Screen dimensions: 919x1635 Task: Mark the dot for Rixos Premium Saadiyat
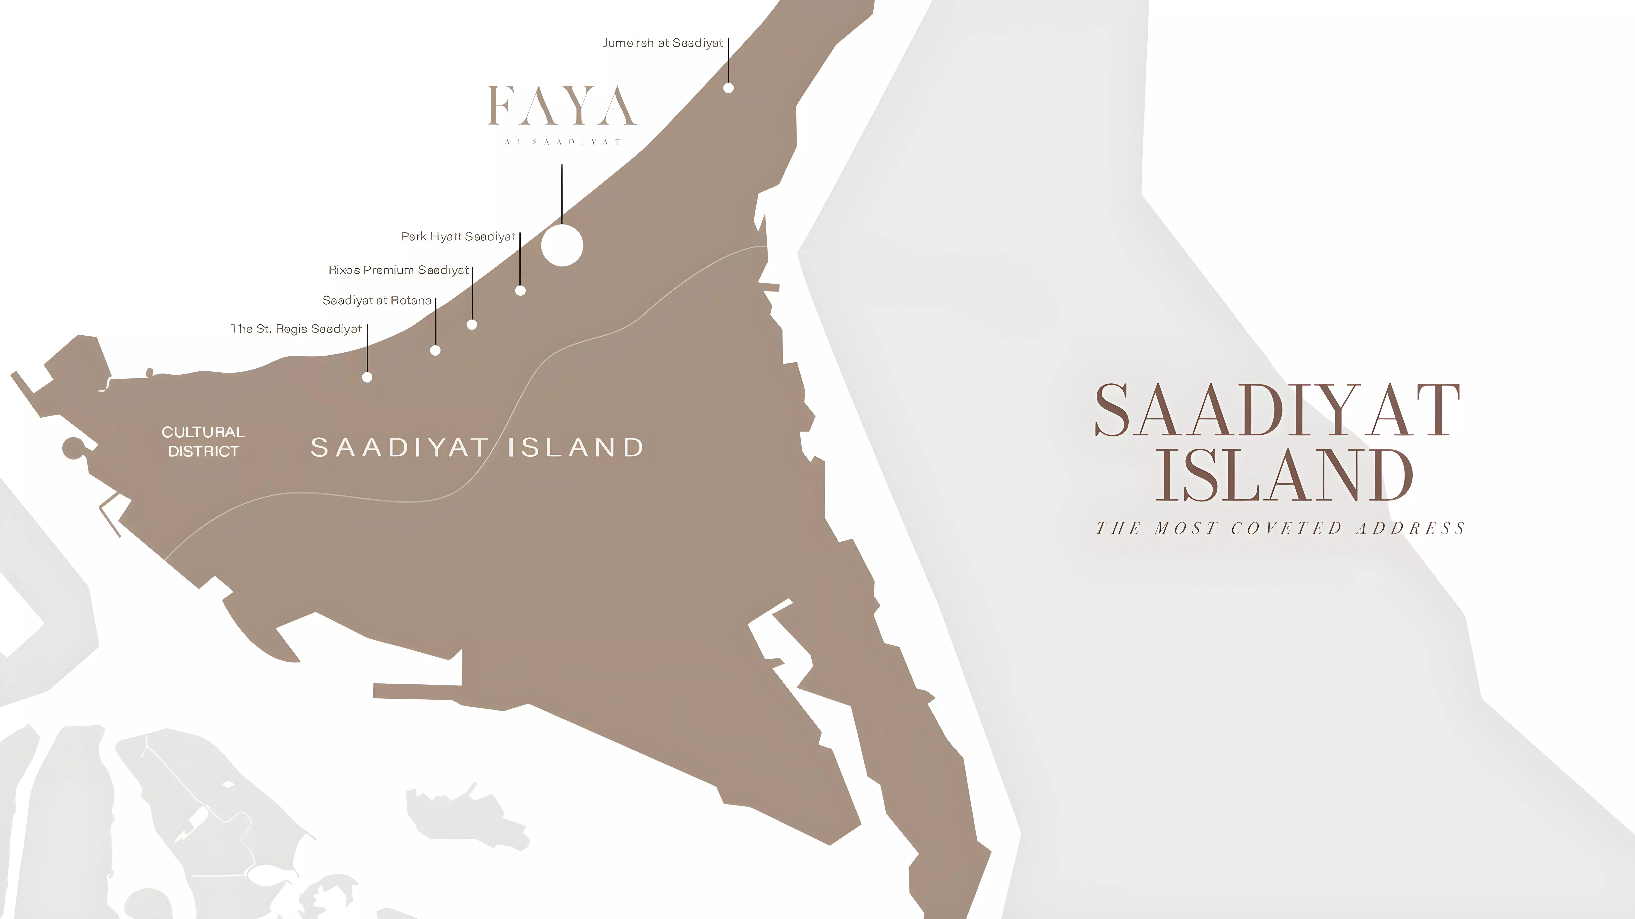(x=472, y=325)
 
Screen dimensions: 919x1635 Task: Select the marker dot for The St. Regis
(x=367, y=377)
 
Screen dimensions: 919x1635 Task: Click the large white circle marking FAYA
(x=562, y=245)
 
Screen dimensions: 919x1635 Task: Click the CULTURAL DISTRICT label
(x=203, y=441)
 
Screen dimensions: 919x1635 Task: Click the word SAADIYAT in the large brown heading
(x=1277, y=411)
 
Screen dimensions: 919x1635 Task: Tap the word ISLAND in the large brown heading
(x=1283, y=475)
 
